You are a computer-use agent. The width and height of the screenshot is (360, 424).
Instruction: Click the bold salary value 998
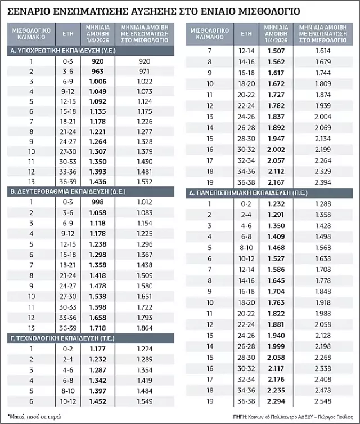98,202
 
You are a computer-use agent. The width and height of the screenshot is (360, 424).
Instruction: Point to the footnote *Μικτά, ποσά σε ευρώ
33,416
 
